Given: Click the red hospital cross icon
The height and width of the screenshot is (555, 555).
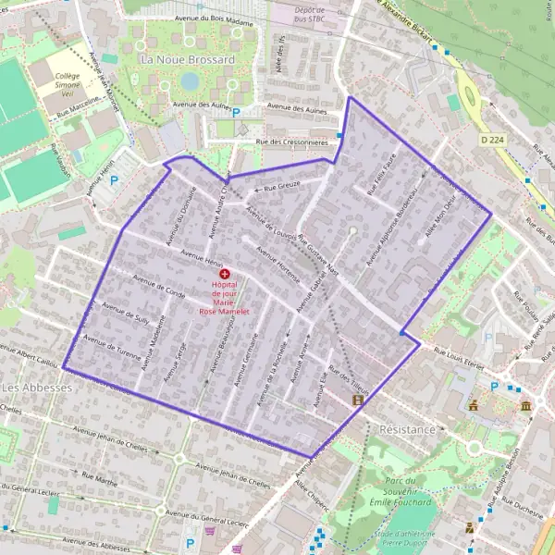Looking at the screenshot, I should coord(225,275).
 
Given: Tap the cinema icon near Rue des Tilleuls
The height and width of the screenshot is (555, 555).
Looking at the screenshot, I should coord(358,401).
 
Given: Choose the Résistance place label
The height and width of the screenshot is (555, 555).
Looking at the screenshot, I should coord(407,430).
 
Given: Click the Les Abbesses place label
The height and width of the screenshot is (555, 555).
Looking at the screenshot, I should coord(37,387).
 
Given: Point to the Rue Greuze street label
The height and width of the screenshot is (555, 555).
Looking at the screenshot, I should coord(282,188).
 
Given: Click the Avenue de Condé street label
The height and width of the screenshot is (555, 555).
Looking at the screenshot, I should coord(159,287).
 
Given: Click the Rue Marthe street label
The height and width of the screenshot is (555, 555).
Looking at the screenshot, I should coord(100,479).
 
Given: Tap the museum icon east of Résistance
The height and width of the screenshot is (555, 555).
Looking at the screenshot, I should coord(525,406).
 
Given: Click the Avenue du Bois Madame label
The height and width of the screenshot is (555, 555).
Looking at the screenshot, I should coord(212,18).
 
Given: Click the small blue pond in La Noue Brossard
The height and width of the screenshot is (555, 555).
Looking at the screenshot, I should coord(190,81).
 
